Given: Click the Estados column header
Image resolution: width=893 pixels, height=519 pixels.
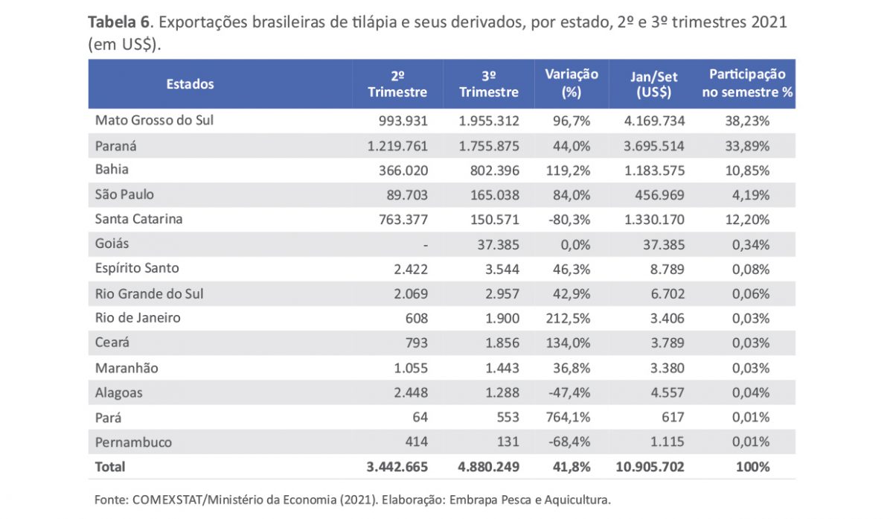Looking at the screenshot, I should [x=190, y=84].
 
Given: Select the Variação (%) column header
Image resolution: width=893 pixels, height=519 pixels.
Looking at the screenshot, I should [x=572, y=83].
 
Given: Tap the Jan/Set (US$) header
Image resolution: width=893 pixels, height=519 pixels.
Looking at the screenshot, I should [x=654, y=83].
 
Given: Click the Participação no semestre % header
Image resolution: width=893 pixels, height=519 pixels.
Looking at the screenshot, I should [x=747, y=83].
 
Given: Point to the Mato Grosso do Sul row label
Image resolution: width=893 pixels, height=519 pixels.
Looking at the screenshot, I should [x=154, y=120].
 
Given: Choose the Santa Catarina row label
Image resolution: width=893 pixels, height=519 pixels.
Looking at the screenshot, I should [x=138, y=219].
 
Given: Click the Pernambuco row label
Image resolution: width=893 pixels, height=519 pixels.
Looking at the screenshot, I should [x=133, y=442].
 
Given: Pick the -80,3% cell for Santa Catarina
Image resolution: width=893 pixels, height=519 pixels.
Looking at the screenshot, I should [x=570, y=220].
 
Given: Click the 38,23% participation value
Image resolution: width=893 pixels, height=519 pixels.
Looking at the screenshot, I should [x=747, y=120].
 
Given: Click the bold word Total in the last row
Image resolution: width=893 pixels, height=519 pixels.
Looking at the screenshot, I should [x=110, y=468].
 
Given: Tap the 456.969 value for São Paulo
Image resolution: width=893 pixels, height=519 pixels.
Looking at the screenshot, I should [x=659, y=194].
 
